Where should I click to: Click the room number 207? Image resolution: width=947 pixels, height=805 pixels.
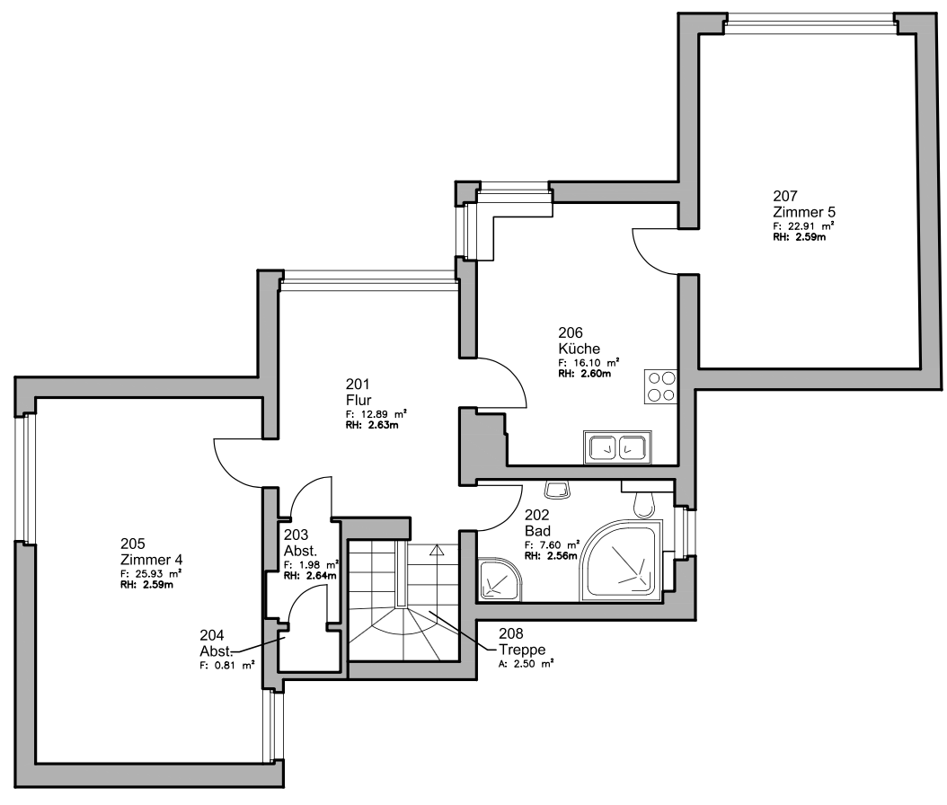click(785, 196)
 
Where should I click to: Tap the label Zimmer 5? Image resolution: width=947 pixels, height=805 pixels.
click(804, 212)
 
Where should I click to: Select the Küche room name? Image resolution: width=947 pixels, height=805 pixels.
click(580, 349)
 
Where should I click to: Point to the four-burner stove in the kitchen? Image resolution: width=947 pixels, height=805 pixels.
click(660, 386)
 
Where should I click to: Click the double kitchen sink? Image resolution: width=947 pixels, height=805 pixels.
click(617, 447)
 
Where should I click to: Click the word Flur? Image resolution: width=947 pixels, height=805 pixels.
click(358, 400)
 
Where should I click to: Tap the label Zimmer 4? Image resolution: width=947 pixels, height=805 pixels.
click(152, 559)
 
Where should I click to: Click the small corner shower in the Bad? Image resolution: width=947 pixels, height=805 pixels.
click(499, 579)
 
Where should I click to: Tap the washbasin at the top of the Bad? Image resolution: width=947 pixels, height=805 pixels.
click(556, 489)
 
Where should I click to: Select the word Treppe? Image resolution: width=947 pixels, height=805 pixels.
click(522, 650)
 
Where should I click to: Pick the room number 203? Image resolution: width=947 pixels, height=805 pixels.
click(296, 535)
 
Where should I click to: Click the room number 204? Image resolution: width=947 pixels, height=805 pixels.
click(212, 635)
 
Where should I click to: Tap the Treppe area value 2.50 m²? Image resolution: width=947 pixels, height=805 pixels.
click(532, 664)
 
